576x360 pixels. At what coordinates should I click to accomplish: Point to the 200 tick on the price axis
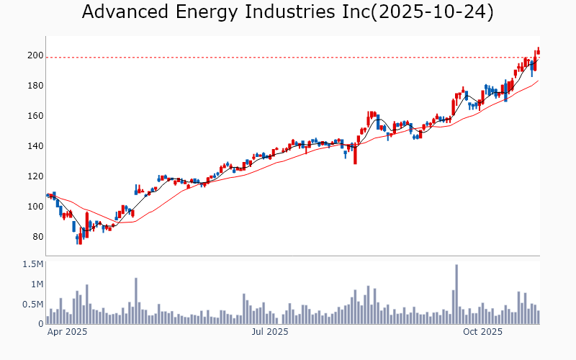pyautogui.click(x=35, y=55)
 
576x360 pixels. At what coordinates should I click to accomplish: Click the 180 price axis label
pyautogui.click(x=35, y=86)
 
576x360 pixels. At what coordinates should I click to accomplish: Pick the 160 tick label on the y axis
pyautogui.click(x=35, y=116)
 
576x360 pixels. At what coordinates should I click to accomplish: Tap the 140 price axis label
pyautogui.click(x=35, y=146)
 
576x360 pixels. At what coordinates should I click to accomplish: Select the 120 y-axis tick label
pyautogui.click(x=35, y=176)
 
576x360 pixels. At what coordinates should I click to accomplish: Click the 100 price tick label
pyautogui.click(x=35, y=207)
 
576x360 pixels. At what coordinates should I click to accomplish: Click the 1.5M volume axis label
pyautogui.click(x=33, y=264)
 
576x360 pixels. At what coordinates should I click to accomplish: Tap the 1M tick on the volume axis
pyautogui.click(x=36, y=284)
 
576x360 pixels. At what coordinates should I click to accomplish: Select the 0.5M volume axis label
pyautogui.click(x=33, y=305)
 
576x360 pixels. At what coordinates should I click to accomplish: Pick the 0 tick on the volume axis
pyautogui.click(x=41, y=324)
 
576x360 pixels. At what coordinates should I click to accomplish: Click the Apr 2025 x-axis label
pyautogui.click(x=67, y=332)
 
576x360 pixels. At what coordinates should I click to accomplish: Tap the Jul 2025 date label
pyautogui.click(x=270, y=332)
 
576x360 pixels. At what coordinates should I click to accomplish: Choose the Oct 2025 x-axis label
pyautogui.click(x=482, y=332)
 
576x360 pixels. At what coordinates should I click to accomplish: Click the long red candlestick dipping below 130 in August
pyautogui.click(x=355, y=153)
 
